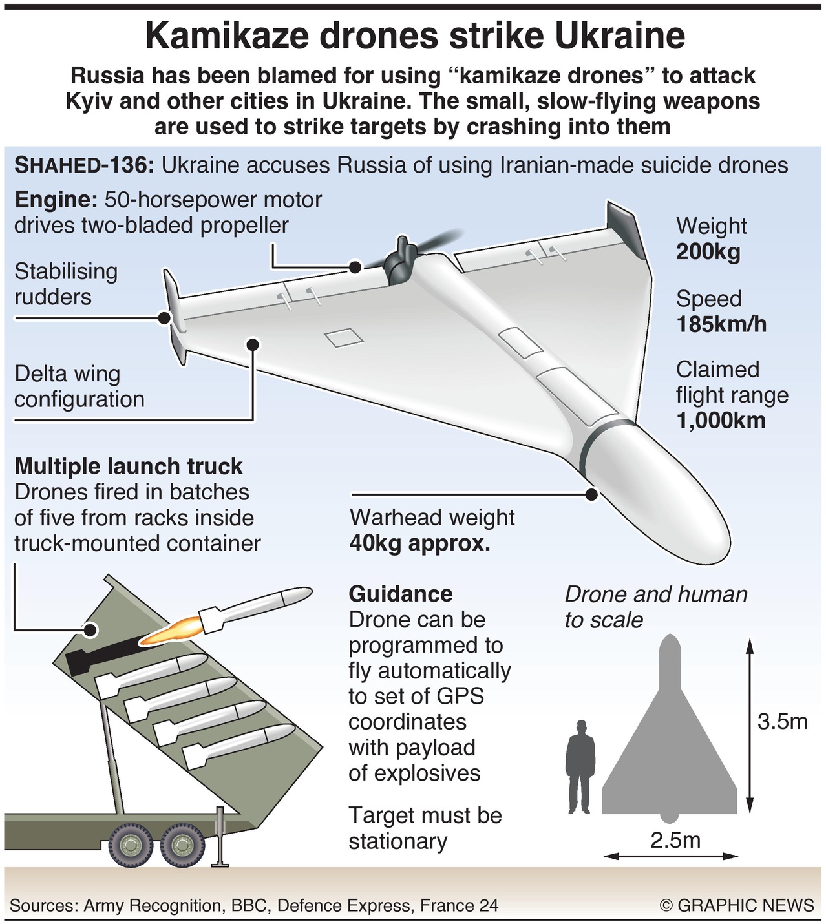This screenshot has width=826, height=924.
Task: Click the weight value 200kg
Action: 708,251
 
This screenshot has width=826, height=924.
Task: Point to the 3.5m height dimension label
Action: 783,721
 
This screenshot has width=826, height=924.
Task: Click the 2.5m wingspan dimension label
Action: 675,840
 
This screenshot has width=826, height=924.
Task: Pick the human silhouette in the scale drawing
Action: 580,760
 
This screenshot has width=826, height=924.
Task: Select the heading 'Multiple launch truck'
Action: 129,466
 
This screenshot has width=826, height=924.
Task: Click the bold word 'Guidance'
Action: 401,594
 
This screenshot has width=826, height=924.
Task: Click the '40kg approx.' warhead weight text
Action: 419,543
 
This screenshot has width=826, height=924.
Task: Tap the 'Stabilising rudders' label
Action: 66,284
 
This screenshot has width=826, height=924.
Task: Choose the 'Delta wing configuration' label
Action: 79,386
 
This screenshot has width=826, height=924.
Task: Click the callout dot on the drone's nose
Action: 591,495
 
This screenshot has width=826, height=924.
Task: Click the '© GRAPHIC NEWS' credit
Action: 737,905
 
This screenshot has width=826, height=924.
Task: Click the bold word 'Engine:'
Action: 56,199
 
